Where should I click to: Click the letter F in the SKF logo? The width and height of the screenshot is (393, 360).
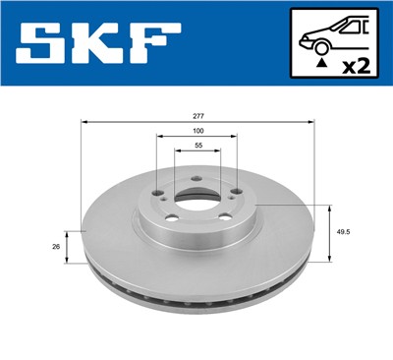(x=158, y=45)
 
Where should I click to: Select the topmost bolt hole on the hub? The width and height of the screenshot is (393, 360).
(x=196, y=178)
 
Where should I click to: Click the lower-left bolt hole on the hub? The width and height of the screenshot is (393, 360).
(x=171, y=218)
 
